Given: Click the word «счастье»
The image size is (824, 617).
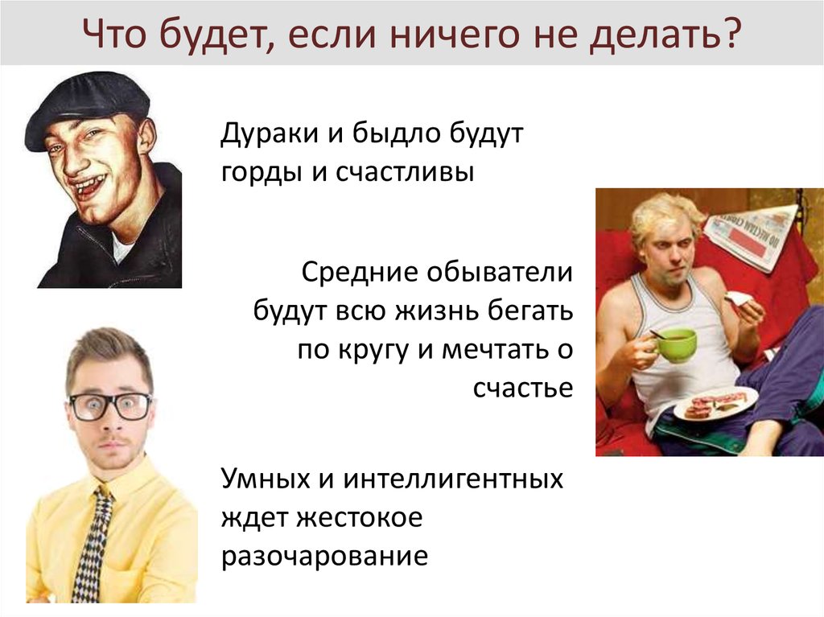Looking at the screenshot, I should tap(523, 388).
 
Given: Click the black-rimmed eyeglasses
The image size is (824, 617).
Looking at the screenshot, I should tap(109, 405).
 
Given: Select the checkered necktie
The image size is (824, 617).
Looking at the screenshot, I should tap(93, 547).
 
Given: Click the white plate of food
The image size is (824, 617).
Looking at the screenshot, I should tap(715, 403).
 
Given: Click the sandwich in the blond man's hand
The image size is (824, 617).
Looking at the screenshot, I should tap(736, 300).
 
